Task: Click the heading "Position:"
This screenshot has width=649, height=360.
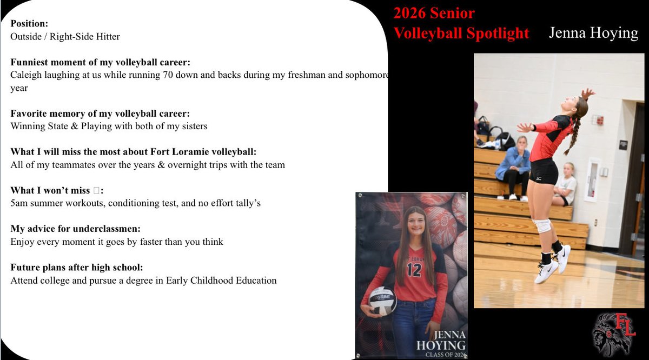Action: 29,25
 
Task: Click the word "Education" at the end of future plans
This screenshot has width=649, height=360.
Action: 255,281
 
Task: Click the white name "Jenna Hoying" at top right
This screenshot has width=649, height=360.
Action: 593,33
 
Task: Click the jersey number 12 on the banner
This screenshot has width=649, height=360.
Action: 414,269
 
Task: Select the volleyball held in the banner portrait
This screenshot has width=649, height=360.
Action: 382,301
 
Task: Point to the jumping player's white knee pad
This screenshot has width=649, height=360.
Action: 543,225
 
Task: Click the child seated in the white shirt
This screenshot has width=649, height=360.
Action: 566,184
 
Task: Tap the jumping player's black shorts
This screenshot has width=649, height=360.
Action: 544,172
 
